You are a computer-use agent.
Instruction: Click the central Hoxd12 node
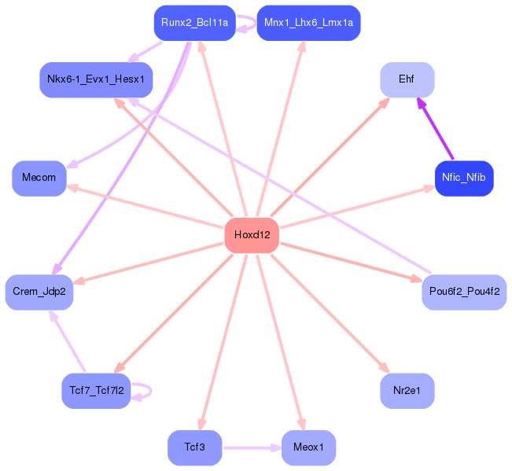pyautogui.click(x=252, y=235)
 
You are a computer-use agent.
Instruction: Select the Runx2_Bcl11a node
pyautogui.click(x=194, y=23)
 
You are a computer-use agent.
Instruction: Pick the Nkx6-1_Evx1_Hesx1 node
pyautogui.click(x=96, y=79)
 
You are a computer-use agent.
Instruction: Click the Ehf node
pyautogui.click(x=407, y=79)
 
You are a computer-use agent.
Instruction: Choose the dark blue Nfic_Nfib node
pyautogui.click(x=464, y=178)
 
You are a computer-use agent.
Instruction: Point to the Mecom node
pyautogui.click(x=39, y=178)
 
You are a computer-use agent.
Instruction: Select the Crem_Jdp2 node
pyautogui.click(x=39, y=292)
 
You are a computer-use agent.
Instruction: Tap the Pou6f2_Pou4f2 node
pyautogui.click(x=464, y=292)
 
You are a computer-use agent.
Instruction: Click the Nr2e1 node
pyautogui.click(x=407, y=391)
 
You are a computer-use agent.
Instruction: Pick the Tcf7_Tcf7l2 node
pyautogui.click(x=96, y=391)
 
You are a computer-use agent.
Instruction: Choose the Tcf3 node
pyautogui.click(x=194, y=447)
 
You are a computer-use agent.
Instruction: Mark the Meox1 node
pyautogui.click(x=308, y=447)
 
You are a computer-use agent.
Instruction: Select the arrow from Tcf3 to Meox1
pyautogui.click(x=252, y=448)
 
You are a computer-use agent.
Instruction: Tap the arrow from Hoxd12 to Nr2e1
pyautogui.click(x=330, y=314)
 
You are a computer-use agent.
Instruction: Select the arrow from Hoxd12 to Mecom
pyautogui.click(x=149, y=207)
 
